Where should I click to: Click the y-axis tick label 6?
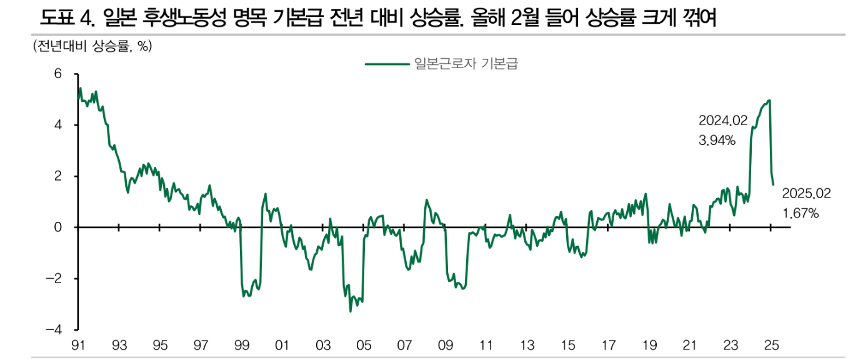(x=57, y=74)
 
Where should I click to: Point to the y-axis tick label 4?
(x=57, y=125)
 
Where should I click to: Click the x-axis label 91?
(x=79, y=345)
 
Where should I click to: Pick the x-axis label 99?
(x=242, y=345)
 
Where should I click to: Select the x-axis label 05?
(x=364, y=345)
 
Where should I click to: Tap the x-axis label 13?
(x=527, y=345)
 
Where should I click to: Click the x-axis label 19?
(x=650, y=345)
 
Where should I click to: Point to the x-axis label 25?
(x=772, y=345)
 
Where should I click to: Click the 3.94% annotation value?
(x=717, y=141)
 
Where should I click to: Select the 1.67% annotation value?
(x=801, y=214)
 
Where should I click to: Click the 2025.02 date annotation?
(x=806, y=194)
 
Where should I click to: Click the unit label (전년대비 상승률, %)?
(x=92, y=47)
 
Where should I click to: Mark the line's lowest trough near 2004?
(x=351, y=311)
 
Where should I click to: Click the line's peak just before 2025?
(x=769, y=100)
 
